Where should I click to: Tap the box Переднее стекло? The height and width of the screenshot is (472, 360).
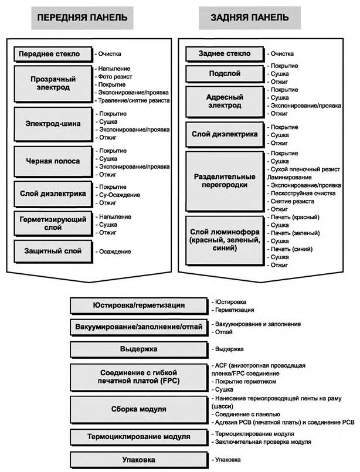[53, 54]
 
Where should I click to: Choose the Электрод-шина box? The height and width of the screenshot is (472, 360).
[53, 124]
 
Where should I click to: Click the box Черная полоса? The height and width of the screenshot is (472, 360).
[53, 161]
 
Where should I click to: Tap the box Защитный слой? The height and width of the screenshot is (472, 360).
[53, 252]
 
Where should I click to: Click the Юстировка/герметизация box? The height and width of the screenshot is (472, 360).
[138, 305]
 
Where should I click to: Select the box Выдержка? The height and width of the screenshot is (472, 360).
[138, 349]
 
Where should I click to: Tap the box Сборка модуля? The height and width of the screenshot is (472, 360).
[138, 409]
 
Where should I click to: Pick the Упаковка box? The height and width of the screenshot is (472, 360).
[138, 459]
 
